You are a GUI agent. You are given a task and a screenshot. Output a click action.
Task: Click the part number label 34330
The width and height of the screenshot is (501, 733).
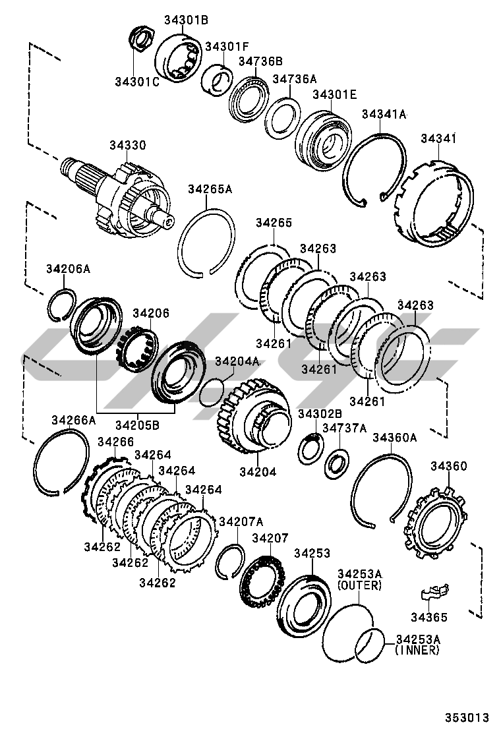click(128, 145)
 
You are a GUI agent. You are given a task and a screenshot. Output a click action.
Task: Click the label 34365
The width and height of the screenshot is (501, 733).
click(428, 618)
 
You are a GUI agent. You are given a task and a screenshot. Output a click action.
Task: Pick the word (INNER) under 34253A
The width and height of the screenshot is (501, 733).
click(417, 651)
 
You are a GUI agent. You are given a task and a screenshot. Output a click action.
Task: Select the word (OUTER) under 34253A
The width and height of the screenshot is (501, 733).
click(359, 585)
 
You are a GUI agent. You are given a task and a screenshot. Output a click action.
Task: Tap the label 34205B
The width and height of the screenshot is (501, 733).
click(136, 425)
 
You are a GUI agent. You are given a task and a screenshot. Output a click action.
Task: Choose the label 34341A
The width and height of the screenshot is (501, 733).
click(384, 115)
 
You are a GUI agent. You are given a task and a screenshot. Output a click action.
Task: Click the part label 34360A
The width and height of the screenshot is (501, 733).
click(395, 437)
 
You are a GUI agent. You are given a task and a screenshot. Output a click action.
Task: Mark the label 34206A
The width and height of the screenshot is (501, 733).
click(68, 268)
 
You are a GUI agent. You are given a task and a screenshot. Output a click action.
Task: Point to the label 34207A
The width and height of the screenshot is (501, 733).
click(241, 521)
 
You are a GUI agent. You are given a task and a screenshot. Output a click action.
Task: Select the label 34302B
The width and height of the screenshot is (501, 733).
click(320, 413)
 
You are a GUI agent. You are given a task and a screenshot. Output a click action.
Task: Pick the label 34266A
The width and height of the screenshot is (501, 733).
click(73, 420)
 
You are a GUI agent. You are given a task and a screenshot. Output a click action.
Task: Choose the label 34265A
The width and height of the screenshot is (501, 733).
click(210, 189)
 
